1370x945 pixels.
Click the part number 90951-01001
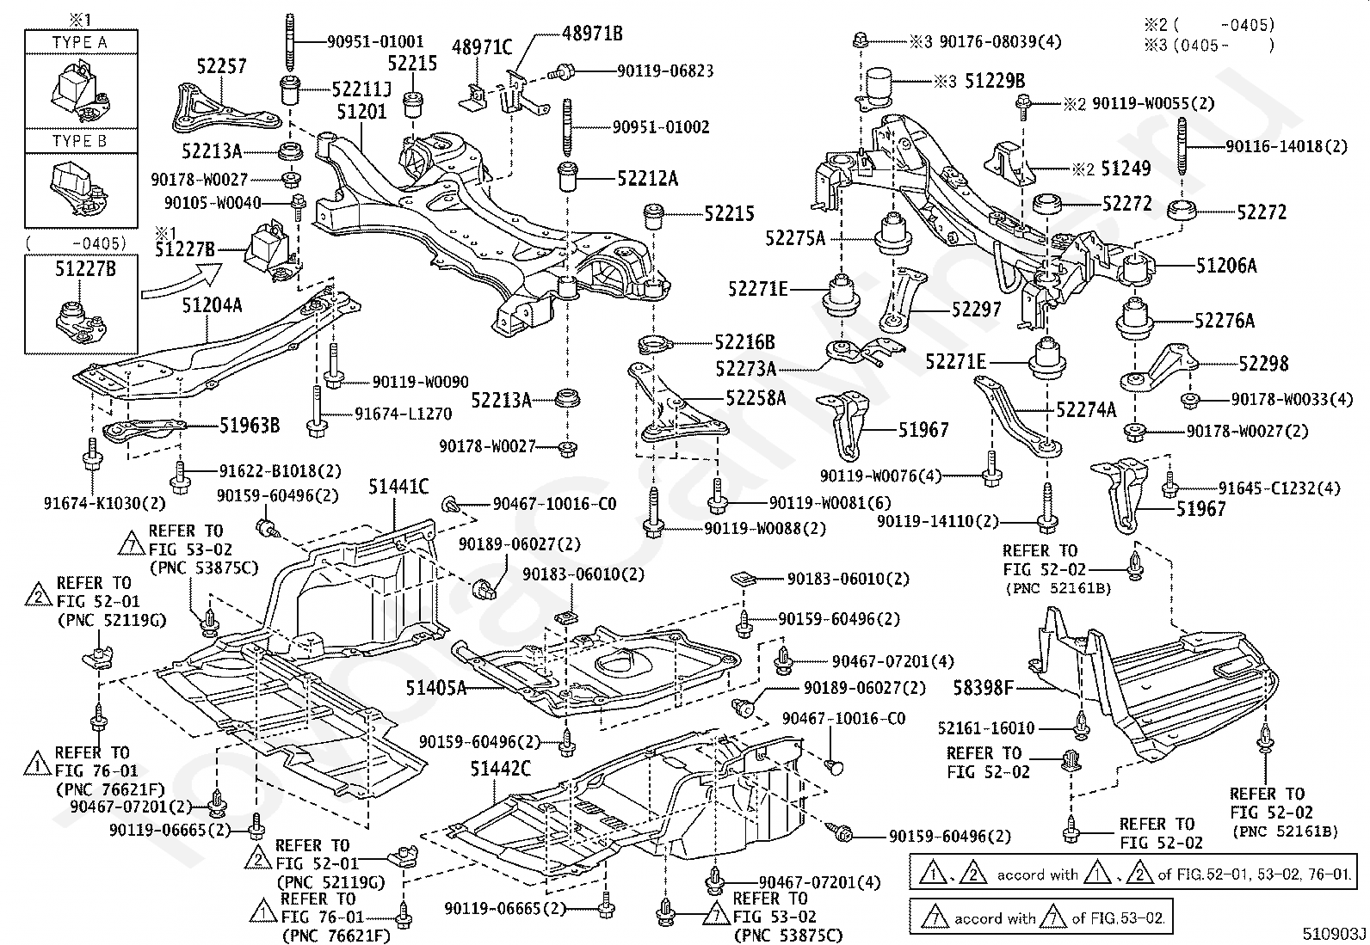click(375, 41)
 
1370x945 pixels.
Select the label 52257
click(221, 66)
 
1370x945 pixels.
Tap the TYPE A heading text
click(79, 42)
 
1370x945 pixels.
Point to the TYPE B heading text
click(79, 141)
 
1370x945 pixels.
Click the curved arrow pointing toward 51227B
click(181, 282)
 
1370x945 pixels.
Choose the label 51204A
click(212, 305)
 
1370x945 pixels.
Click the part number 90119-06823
click(665, 71)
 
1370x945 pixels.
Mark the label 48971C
click(482, 46)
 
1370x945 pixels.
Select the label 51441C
click(398, 487)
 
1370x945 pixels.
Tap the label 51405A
click(436, 688)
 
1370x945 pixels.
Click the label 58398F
click(984, 689)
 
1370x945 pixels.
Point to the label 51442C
click(500, 769)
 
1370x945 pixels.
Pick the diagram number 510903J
click(1334, 934)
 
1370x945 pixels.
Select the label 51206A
click(1226, 266)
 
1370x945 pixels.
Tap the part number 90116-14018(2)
click(1287, 147)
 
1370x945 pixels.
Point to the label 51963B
click(250, 426)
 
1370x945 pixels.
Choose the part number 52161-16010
click(986, 728)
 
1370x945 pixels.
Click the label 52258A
click(756, 398)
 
